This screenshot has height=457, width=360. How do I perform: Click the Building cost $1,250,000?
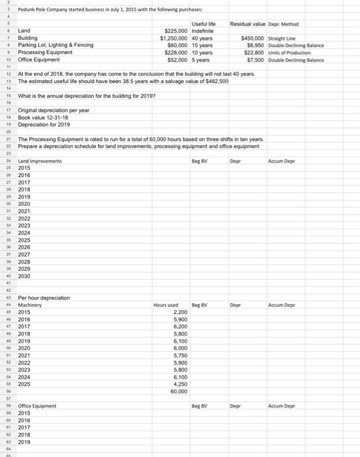175,38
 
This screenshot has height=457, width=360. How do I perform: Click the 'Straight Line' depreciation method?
282,38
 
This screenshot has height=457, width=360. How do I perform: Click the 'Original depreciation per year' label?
53,110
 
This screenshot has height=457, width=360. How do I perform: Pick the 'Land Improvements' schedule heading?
40,161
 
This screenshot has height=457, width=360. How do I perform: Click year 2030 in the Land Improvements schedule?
25,276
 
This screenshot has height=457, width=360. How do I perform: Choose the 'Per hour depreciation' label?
44,298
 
